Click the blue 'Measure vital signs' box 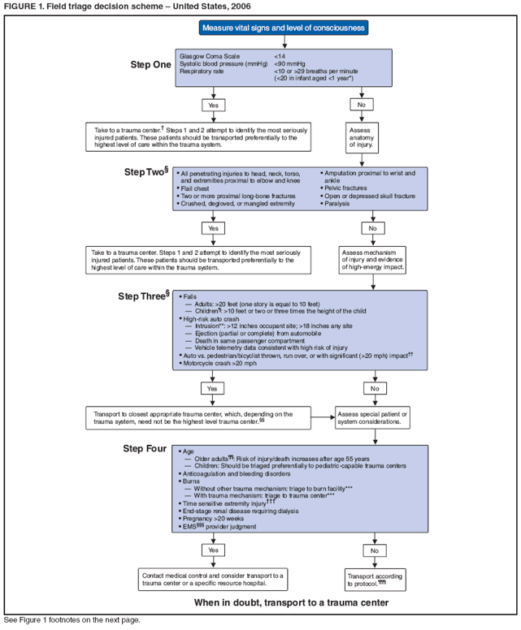(x=284, y=28)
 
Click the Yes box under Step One (x=214, y=105)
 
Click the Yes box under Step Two (x=214, y=228)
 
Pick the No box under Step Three (x=374, y=389)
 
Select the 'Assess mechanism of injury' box (x=374, y=259)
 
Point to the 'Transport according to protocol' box (x=375, y=579)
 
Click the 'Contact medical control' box (x=214, y=579)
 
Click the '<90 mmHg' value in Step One (x=289, y=63)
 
